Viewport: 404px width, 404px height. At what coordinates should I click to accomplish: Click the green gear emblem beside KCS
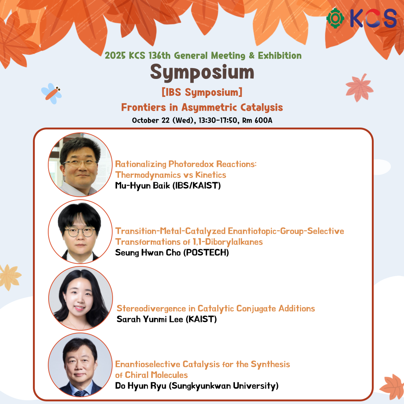click(335, 18)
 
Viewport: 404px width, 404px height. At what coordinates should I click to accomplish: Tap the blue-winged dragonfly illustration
click(52, 93)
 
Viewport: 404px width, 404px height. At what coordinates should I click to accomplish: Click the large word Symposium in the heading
click(202, 73)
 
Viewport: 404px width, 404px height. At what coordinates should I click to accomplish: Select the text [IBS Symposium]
click(202, 92)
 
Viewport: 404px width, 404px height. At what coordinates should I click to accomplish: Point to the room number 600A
click(263, 120)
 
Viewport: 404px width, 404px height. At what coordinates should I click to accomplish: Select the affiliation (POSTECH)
click(206, 252)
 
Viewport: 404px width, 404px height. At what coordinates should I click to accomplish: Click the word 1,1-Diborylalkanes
click(228, 242)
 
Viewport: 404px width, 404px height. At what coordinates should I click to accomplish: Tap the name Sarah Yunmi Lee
click(150, 319)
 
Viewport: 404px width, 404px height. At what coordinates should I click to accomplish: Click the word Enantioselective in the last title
click(148, 364)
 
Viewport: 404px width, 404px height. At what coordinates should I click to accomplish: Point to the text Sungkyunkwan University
click(224, 386)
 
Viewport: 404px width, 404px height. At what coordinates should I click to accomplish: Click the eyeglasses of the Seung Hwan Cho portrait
click(80, 232)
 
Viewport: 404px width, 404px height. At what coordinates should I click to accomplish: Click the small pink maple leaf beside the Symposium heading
click(359, 88)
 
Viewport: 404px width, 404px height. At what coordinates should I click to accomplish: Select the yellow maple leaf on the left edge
click(10, 277)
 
